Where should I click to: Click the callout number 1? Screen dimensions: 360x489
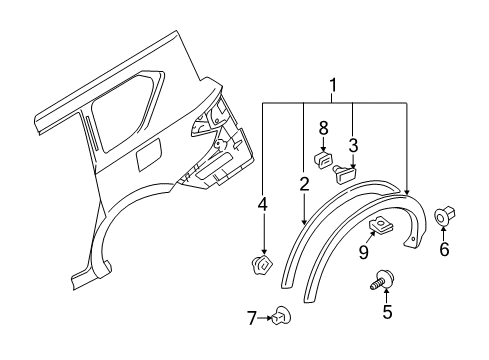(x=333, y=87)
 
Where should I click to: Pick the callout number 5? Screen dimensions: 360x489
(x=388, y=311)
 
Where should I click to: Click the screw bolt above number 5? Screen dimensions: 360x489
(x=382, y=280)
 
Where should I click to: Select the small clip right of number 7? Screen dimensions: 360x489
(x=284, y=317)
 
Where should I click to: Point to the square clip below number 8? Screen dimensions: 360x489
(x=324, y=157)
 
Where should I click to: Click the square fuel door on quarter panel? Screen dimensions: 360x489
(x=147, y=154)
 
